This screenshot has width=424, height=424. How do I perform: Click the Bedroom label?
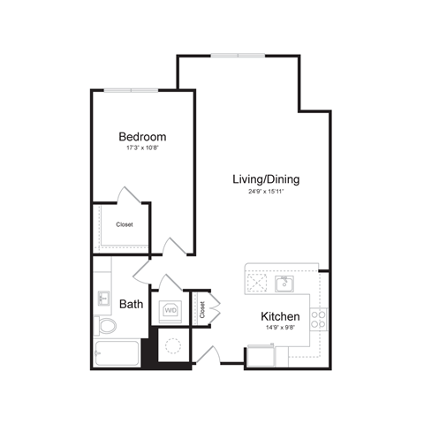click(x=142, y=137)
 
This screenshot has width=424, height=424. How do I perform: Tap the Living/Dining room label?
click(x=266, y=179)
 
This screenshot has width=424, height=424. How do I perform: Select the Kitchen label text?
click(x=280, y=316)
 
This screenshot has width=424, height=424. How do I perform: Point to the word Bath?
click(x=132, y=304)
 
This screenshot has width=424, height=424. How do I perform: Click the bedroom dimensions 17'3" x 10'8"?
click(x=142, y=149)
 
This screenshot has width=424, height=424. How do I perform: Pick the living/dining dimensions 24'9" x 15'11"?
click(x=266, y=192)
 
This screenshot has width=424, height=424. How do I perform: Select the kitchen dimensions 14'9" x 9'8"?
click(x=280, y=329)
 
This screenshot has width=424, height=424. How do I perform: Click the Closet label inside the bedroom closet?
click(x=125, y=224)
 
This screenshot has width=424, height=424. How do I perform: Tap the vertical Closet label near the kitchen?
click(x=202, y=309)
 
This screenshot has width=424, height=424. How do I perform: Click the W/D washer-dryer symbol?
click(x=170, y=311)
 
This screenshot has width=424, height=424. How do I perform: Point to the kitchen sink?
click(x=284, y=284)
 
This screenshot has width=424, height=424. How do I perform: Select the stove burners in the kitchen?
click(x=318, y=319)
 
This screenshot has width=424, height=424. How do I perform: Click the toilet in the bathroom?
click(x=107, y=327)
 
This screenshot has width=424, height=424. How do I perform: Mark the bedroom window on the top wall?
click(x=131, y=89)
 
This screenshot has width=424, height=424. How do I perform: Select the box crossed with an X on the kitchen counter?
click(x=258, y=283)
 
